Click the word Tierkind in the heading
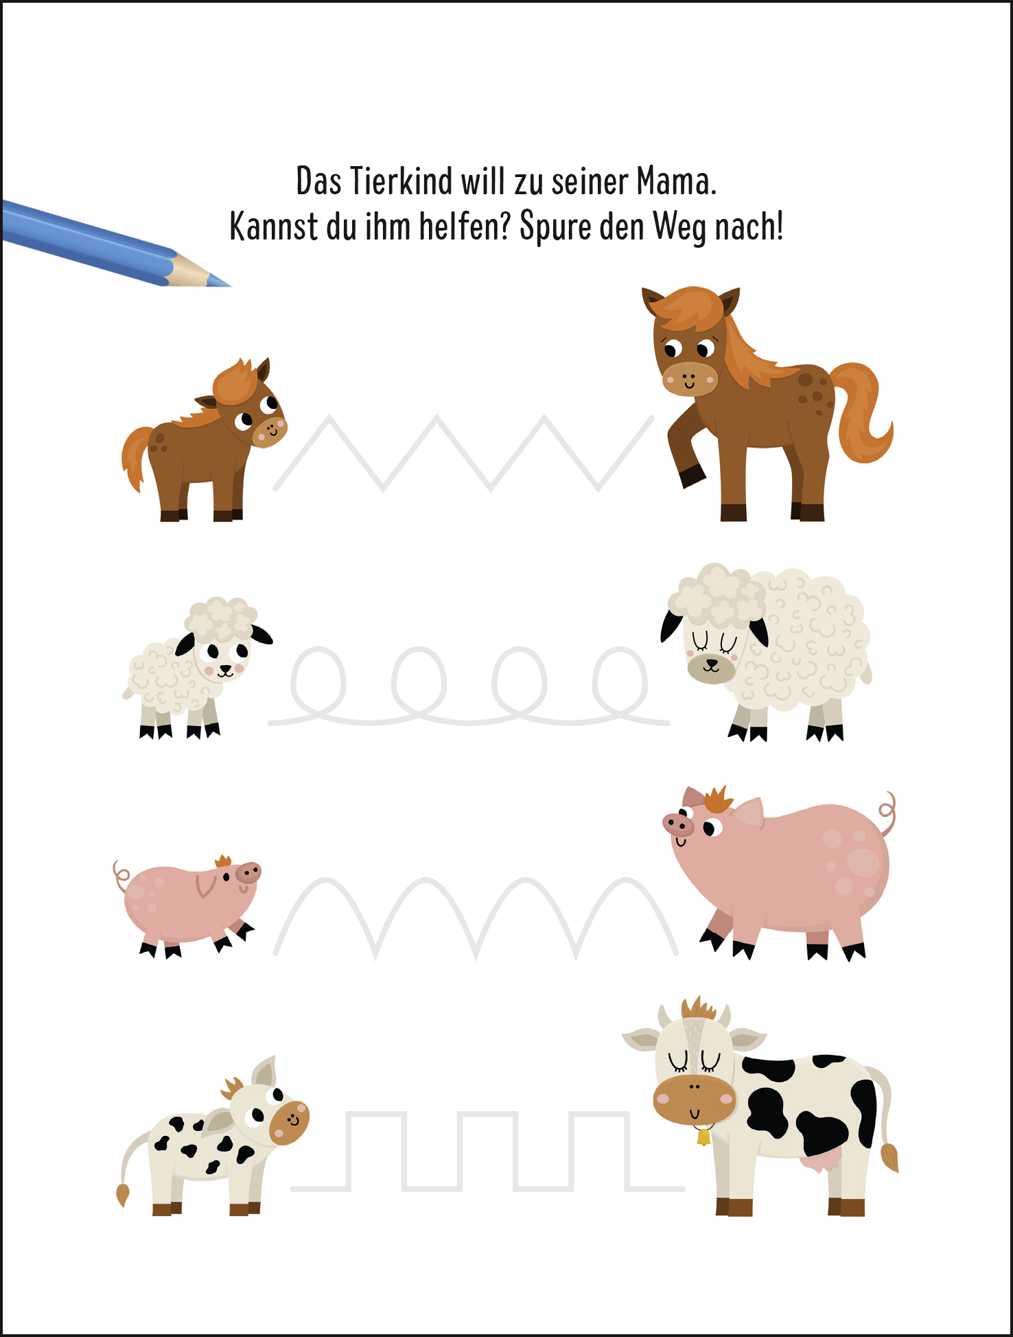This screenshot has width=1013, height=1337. click(x=401, y=182)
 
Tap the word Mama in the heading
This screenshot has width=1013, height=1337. click(x=675, y=182)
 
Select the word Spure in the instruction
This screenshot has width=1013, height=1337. click(x=555, y=227)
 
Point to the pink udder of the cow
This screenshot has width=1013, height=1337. click(x=822, y=1163)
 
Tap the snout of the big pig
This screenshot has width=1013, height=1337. click(x=677, y=823)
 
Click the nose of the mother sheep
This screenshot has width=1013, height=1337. click(x=712, y=664)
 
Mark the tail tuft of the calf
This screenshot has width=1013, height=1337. click(x=123, y=1194)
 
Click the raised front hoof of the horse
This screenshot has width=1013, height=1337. click(x=692, y=476)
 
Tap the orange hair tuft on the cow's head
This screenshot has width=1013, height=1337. click(x=699, y=1008)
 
